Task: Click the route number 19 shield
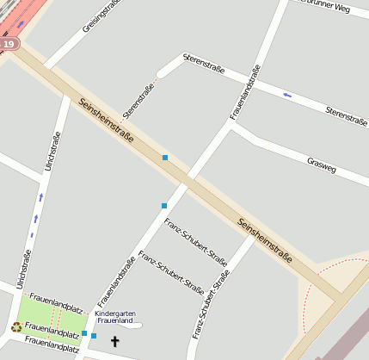pyautogui.click(x=9, y=43)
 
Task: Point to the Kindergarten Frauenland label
pyautogui.click(x=114, y=317)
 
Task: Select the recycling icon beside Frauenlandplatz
pyautogui.click(x=16, y=326)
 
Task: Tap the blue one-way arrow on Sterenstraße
pyautogui.click(x=287, y=95)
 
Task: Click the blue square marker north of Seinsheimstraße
pyautogui.click(x=164, y=158)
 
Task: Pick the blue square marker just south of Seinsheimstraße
pyautogui.click(x=163, y=205)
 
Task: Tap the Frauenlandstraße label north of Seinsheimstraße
pyautogui.click(x=245, y=91)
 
